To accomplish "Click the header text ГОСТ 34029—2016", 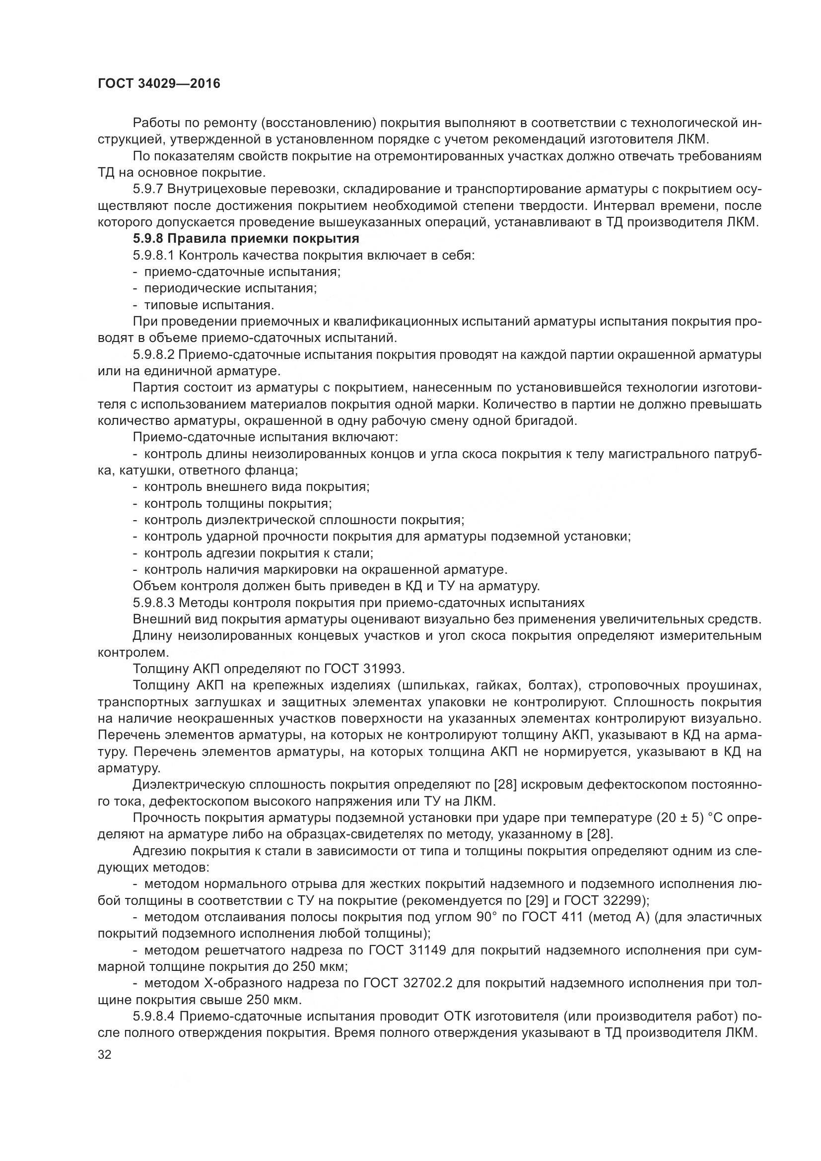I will tap(159, 83).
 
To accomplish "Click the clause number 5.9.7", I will tap(147, 189).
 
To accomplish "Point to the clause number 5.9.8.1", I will tap(154, 255).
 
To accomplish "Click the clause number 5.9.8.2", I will tap(154, 354).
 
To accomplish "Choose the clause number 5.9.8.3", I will tap(154, 603).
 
